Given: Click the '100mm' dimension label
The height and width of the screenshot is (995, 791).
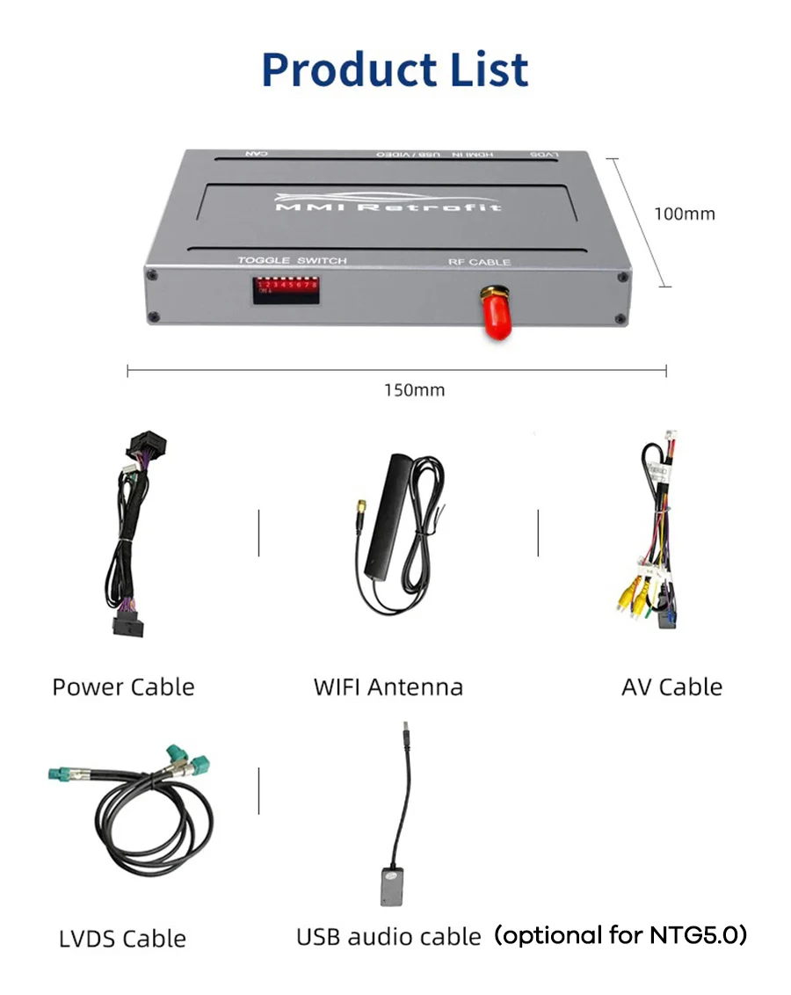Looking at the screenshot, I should pyautogui.click(x=684, y=214).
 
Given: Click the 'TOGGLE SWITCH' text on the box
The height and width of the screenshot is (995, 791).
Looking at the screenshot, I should pyautogui.click(x=292, y=261).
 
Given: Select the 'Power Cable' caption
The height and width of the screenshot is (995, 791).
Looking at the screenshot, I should pyautogui.click(x=123, y=686).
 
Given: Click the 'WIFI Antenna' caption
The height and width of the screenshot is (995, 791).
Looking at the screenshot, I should pyautogui.click(x=388, y=686).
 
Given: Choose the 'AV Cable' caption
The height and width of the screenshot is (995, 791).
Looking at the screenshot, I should pyautogui.click(x=671, y=686).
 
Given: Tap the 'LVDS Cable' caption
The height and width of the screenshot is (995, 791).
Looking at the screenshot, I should pyautogui.click(x=122, y=938).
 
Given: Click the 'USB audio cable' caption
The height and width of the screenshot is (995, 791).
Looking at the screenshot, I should pyautogui.click(x=388, y=937).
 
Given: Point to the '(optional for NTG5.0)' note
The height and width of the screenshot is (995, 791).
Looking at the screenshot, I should pyautogui.click(x=620, y=935).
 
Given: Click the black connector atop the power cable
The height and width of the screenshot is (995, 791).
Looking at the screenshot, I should pyautogui.click(x=148, y=447).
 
